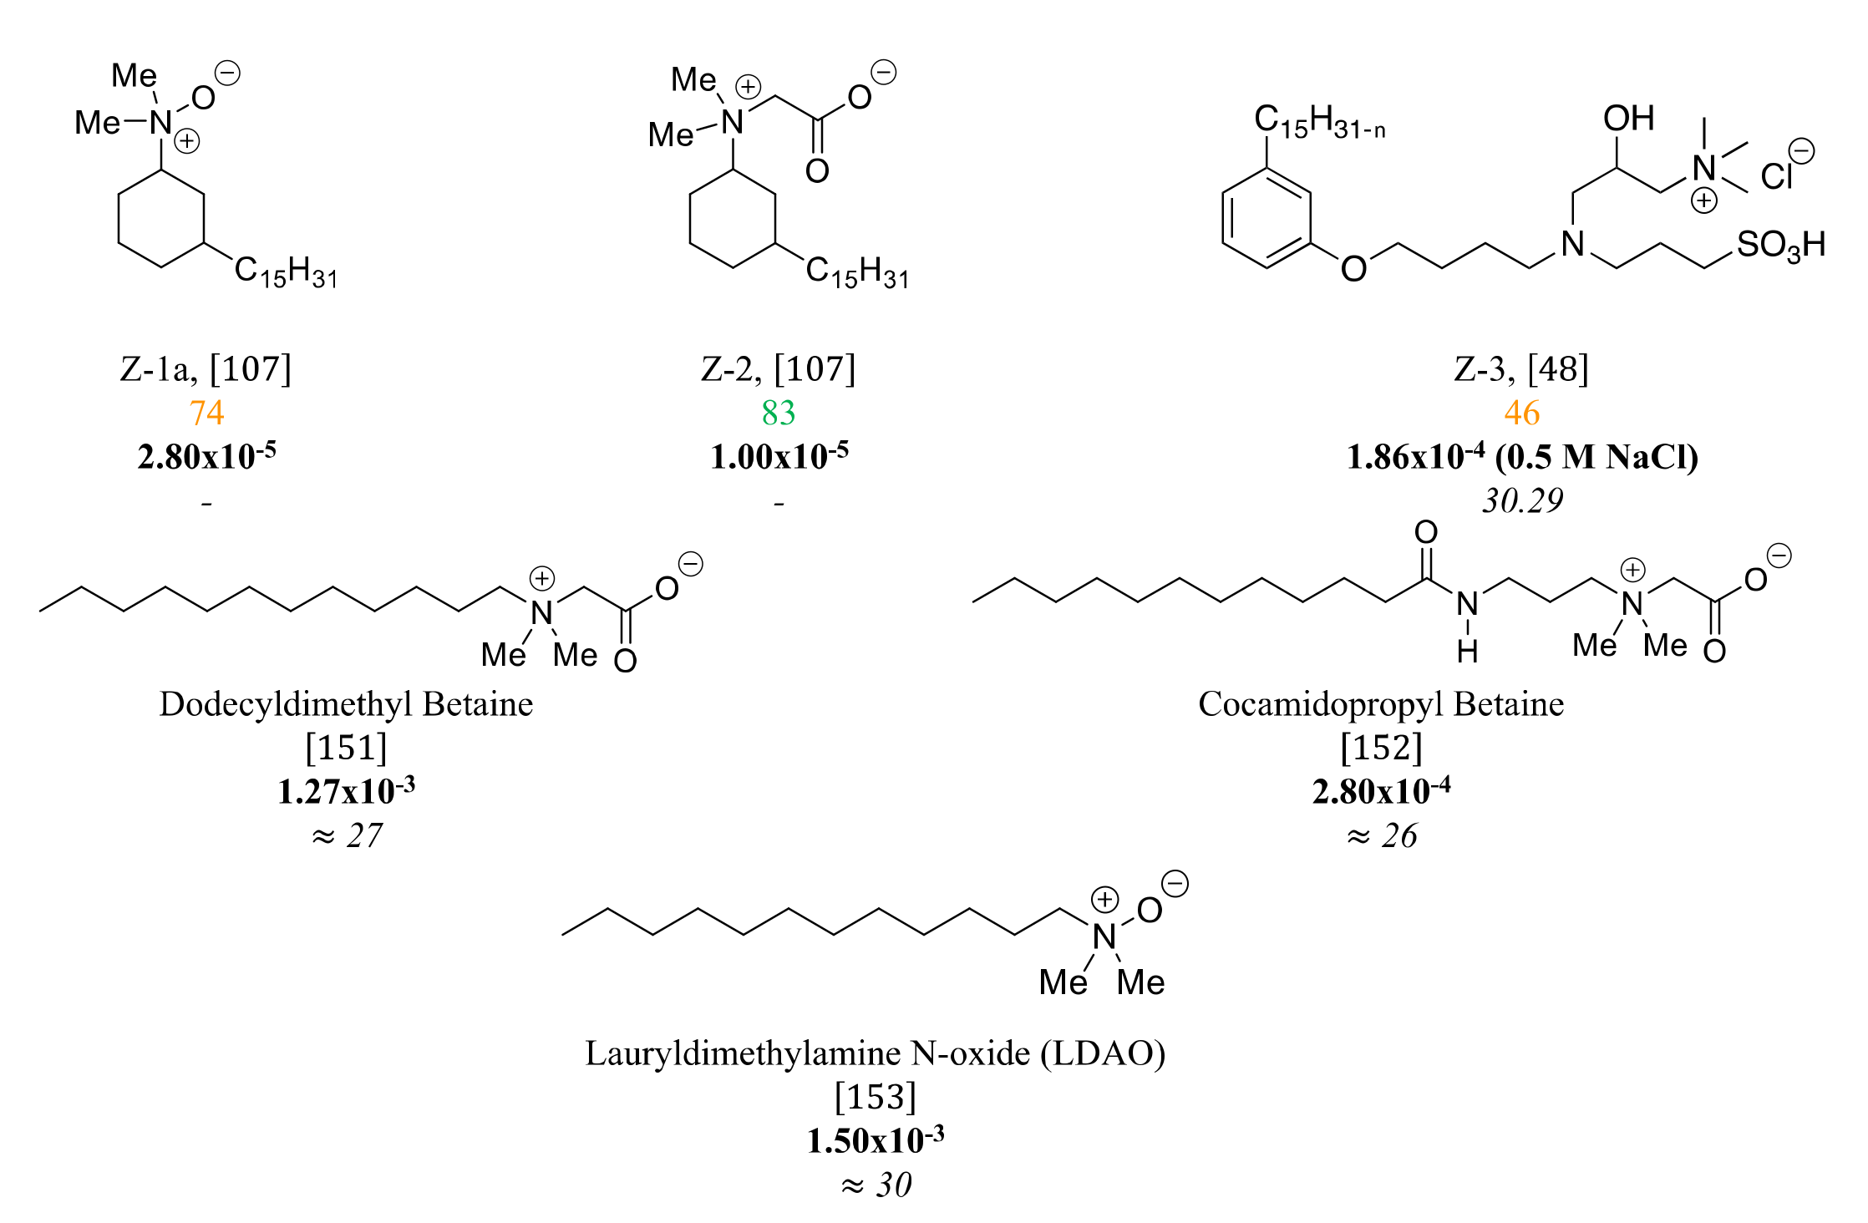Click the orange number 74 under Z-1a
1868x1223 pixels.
coord(206,413)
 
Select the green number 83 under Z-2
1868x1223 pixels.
coord(778,413)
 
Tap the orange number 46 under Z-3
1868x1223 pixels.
coord(1521,413)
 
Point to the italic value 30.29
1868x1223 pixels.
coord(1522,500)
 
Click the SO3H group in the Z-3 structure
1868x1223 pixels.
coord(1779,246)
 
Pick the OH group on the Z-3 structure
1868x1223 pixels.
coord(1628,119)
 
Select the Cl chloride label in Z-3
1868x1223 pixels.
coord(1776,176)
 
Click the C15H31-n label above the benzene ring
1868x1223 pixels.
coord(1319,122)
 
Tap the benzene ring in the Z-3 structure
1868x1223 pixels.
coord(1266,218)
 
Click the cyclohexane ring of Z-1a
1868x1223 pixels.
coord(161,219)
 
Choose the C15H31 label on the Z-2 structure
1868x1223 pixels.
coord(857,271)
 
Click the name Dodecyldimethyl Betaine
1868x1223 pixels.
coord(346,704)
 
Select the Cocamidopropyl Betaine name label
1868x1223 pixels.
coord(1381,704)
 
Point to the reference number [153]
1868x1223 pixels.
coord(875,1096)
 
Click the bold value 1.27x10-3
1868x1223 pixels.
coord(346,791)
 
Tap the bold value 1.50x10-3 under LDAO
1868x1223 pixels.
coord(875,1140)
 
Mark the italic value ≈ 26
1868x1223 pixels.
coord(1382,835)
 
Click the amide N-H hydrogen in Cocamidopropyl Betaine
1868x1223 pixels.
coord(1468,651)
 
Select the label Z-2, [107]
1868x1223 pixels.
coord(778,368)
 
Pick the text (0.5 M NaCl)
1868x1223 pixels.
coord(1596,457)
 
